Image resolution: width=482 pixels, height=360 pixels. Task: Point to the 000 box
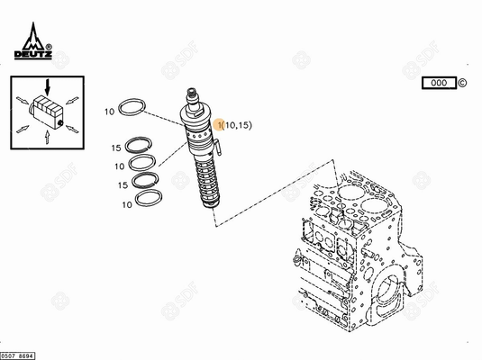pyautogui.click(x=439, y=83)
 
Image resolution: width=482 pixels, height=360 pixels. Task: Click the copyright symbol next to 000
pyautogui.click(x=462, y=83)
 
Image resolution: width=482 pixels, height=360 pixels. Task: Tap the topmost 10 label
pyautogui.click(x=109, y=112)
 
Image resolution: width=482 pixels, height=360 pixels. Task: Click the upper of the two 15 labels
pyautogui.click(x=117, y=148)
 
